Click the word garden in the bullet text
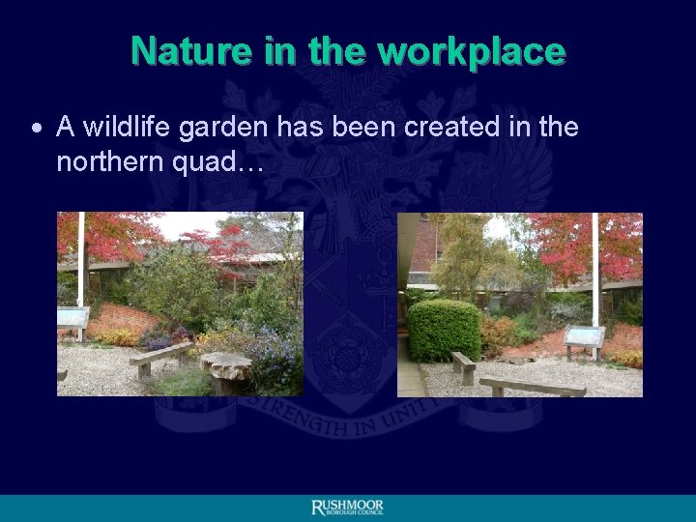tap(228, 127)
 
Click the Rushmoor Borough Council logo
tap(348, 507)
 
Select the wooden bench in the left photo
tap(160, 357)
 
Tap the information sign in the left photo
tap(72, 318)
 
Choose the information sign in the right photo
tap(584, 337)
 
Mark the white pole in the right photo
tap(595, 271)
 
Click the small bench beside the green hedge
tap(463, 364)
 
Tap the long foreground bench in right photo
tap(533, 385)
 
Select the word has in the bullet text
tap(309, 127)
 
